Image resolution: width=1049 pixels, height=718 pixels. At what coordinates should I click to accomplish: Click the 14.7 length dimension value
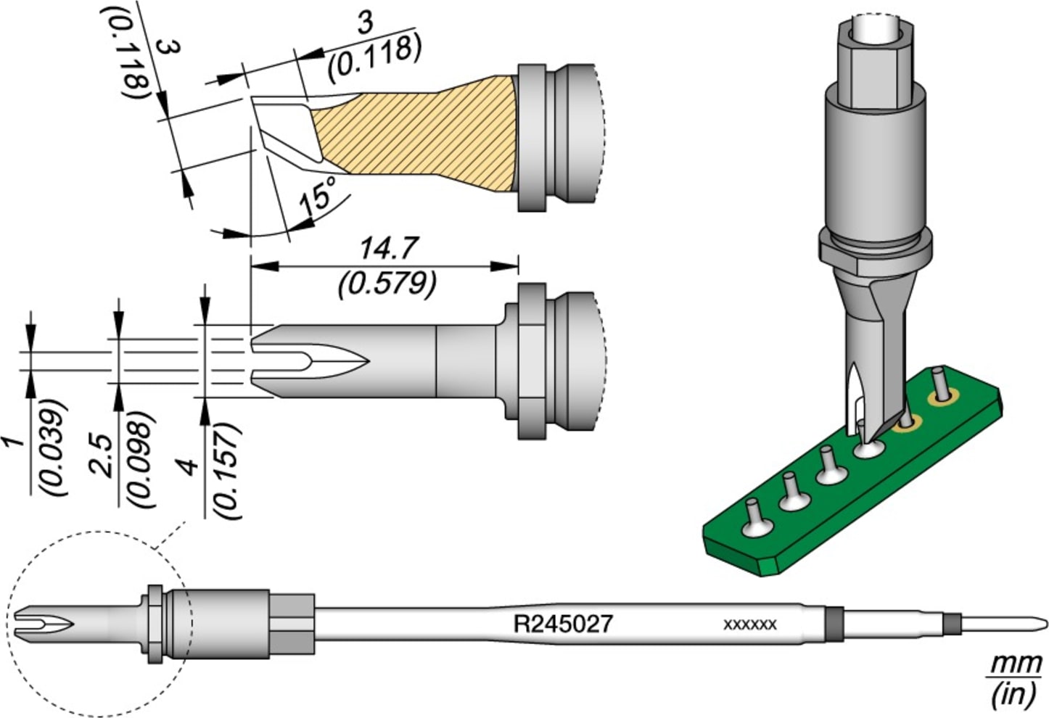click(x=389, y=249)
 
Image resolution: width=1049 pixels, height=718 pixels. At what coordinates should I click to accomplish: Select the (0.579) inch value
click(x=387, y=284)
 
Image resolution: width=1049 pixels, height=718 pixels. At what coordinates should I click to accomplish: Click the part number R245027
click(x=563, y=624)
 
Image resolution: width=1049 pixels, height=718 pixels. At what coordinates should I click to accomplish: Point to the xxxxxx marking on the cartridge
click(x=750, y=624)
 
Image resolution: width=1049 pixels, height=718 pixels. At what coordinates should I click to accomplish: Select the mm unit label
click(x=1016, y=664)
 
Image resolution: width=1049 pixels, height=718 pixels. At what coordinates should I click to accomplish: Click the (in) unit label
click(x=1013, y=695)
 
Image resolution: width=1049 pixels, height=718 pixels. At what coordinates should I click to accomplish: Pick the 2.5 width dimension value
click(x=103, y=455)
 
